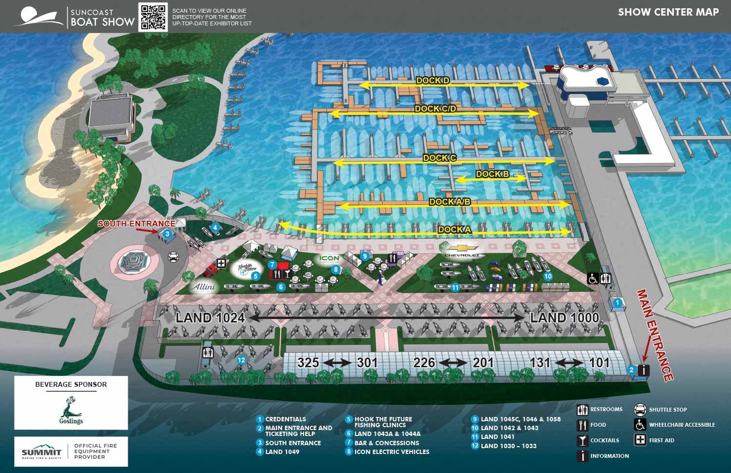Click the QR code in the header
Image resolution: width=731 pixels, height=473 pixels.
point(154,17)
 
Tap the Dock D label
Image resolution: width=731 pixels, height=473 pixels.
point(433,80)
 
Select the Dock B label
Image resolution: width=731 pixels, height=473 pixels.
point(492,174)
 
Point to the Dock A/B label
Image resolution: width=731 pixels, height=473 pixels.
point(449,202)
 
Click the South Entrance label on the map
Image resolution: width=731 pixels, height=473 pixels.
point(136,224)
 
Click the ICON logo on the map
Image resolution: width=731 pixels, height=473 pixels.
point(329,259)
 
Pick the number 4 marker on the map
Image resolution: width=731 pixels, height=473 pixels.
point(215,227)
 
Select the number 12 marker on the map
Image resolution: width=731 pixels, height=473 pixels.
point(241,360)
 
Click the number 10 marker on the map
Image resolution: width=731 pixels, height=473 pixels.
point(548,276)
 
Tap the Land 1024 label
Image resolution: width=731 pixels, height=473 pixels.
point(210,318)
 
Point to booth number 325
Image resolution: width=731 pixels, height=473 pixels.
point(308,362)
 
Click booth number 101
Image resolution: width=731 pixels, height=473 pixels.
point(599,362)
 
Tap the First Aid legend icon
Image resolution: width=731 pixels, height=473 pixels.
point(640,440)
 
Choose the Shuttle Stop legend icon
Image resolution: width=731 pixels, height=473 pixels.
point(640,409)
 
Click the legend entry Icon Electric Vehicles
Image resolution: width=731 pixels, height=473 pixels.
point(392,452)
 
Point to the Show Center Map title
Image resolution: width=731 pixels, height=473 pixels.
point(668,12)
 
